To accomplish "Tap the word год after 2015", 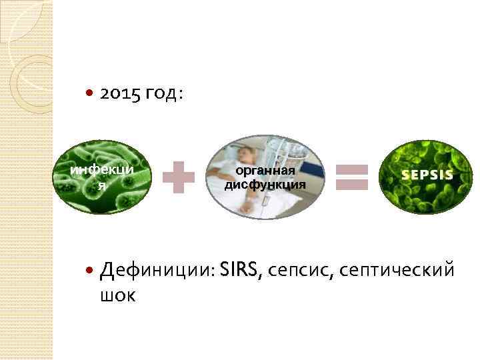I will pos(161,96).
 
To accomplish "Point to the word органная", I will pos(265,173).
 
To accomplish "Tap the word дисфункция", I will pos(265,185).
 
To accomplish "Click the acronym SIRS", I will pos(242,269).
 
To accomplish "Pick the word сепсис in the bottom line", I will pos(303,271).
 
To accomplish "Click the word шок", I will pos(117,295).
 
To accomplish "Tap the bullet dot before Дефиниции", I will pos(91,271).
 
